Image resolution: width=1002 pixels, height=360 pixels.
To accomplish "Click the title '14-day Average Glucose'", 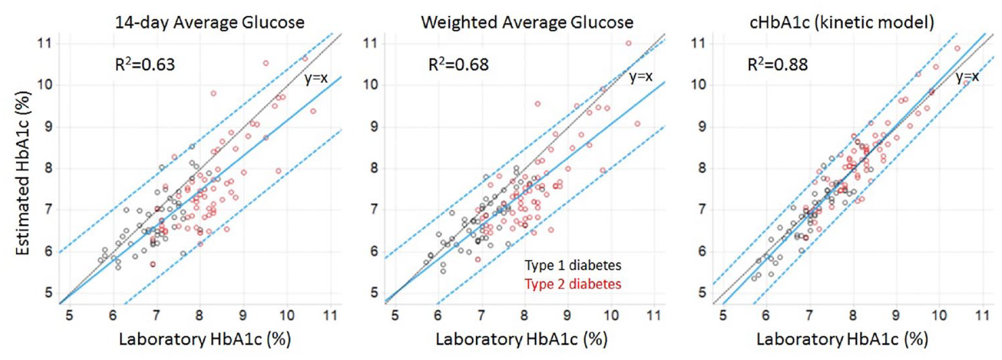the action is tap(210, 22).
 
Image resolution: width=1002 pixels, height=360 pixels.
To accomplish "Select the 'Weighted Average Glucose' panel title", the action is tap(527, 22).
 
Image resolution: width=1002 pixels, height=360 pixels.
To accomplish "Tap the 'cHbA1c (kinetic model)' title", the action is tap(842, 22).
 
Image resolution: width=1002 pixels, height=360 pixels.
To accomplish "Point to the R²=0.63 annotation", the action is tap(145, 64).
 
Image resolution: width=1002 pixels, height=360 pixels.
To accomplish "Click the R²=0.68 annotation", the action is tap(459, 64).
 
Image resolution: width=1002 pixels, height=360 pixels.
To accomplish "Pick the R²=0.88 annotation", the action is tap(777, 64).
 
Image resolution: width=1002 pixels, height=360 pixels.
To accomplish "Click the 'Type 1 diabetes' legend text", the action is tap(573, 265).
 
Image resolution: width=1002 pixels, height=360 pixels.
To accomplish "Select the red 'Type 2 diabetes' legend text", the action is tap(573, 284).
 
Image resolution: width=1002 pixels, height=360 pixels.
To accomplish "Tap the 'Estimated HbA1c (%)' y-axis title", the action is tap(23, 173).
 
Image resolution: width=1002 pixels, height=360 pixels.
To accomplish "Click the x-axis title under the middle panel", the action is tap(522, 338).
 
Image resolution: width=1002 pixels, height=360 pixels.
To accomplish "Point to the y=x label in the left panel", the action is tap(316, 78).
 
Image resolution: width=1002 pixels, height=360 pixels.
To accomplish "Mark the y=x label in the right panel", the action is tap(967, 77).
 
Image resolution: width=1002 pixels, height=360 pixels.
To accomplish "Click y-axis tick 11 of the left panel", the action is tap(44, 43).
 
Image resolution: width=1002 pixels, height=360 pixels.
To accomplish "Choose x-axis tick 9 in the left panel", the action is tap(243, 315).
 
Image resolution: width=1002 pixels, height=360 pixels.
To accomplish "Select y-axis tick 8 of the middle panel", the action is tap(374, 168).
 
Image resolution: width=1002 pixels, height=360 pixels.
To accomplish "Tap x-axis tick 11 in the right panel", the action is tap(982, 315).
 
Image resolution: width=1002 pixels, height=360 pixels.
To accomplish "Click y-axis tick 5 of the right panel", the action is tap(702, 293).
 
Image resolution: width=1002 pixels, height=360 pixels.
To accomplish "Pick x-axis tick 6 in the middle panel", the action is tap(438, 315).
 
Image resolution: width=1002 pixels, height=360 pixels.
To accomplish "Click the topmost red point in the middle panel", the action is tap(628, 43).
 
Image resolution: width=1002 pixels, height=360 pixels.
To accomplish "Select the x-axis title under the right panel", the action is tap(842, 338).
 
